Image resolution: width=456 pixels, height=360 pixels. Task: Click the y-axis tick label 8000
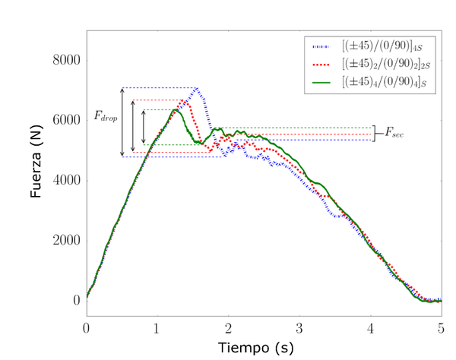tap(65, 60)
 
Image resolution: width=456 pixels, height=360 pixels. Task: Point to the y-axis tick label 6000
tap(65, 120)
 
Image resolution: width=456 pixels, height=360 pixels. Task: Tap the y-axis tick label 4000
tap(65, 180)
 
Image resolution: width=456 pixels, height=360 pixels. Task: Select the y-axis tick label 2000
tap(65, 240)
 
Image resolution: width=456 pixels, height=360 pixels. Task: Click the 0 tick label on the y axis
tap(75, 300)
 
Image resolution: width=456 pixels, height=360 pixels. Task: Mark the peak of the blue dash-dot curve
tap(197, 89)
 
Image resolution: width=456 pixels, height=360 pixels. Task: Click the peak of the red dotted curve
tap(185, 101)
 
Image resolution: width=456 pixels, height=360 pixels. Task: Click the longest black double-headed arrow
tap(122, 122)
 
